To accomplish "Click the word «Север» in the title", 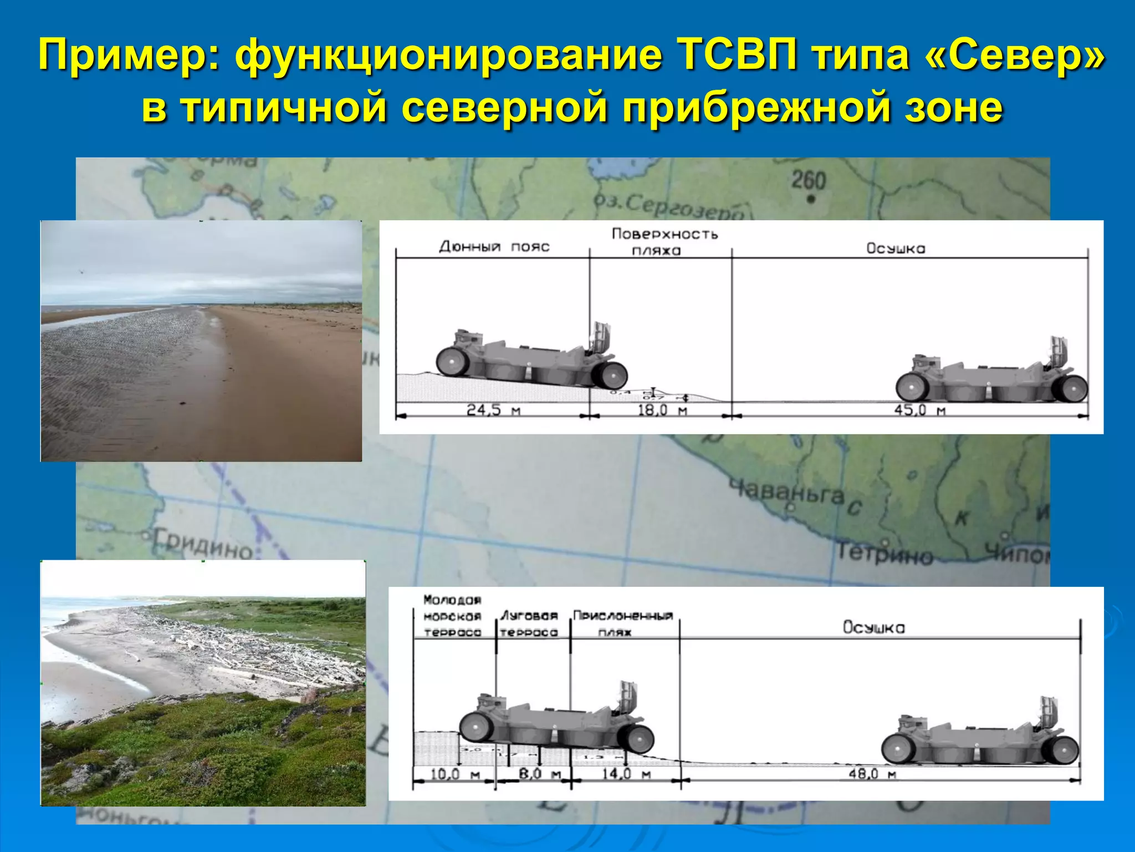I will pos(1015,56).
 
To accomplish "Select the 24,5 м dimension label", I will pos(493,410).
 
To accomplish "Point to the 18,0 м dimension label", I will pos(662,410).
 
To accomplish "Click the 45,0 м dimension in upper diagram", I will pos(919,410).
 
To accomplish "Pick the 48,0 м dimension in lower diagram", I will pos(872,773).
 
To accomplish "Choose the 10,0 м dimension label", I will pos(455,773).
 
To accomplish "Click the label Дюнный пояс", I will pos(494,247).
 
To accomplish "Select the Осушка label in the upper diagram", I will pos(896,248).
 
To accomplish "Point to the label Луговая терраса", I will pos(529,624).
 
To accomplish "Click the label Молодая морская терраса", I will pos(452,616).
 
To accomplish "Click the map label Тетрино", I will pos(885,554).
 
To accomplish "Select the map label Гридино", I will pos(202,544).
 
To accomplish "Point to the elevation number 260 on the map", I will pos(809,180).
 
